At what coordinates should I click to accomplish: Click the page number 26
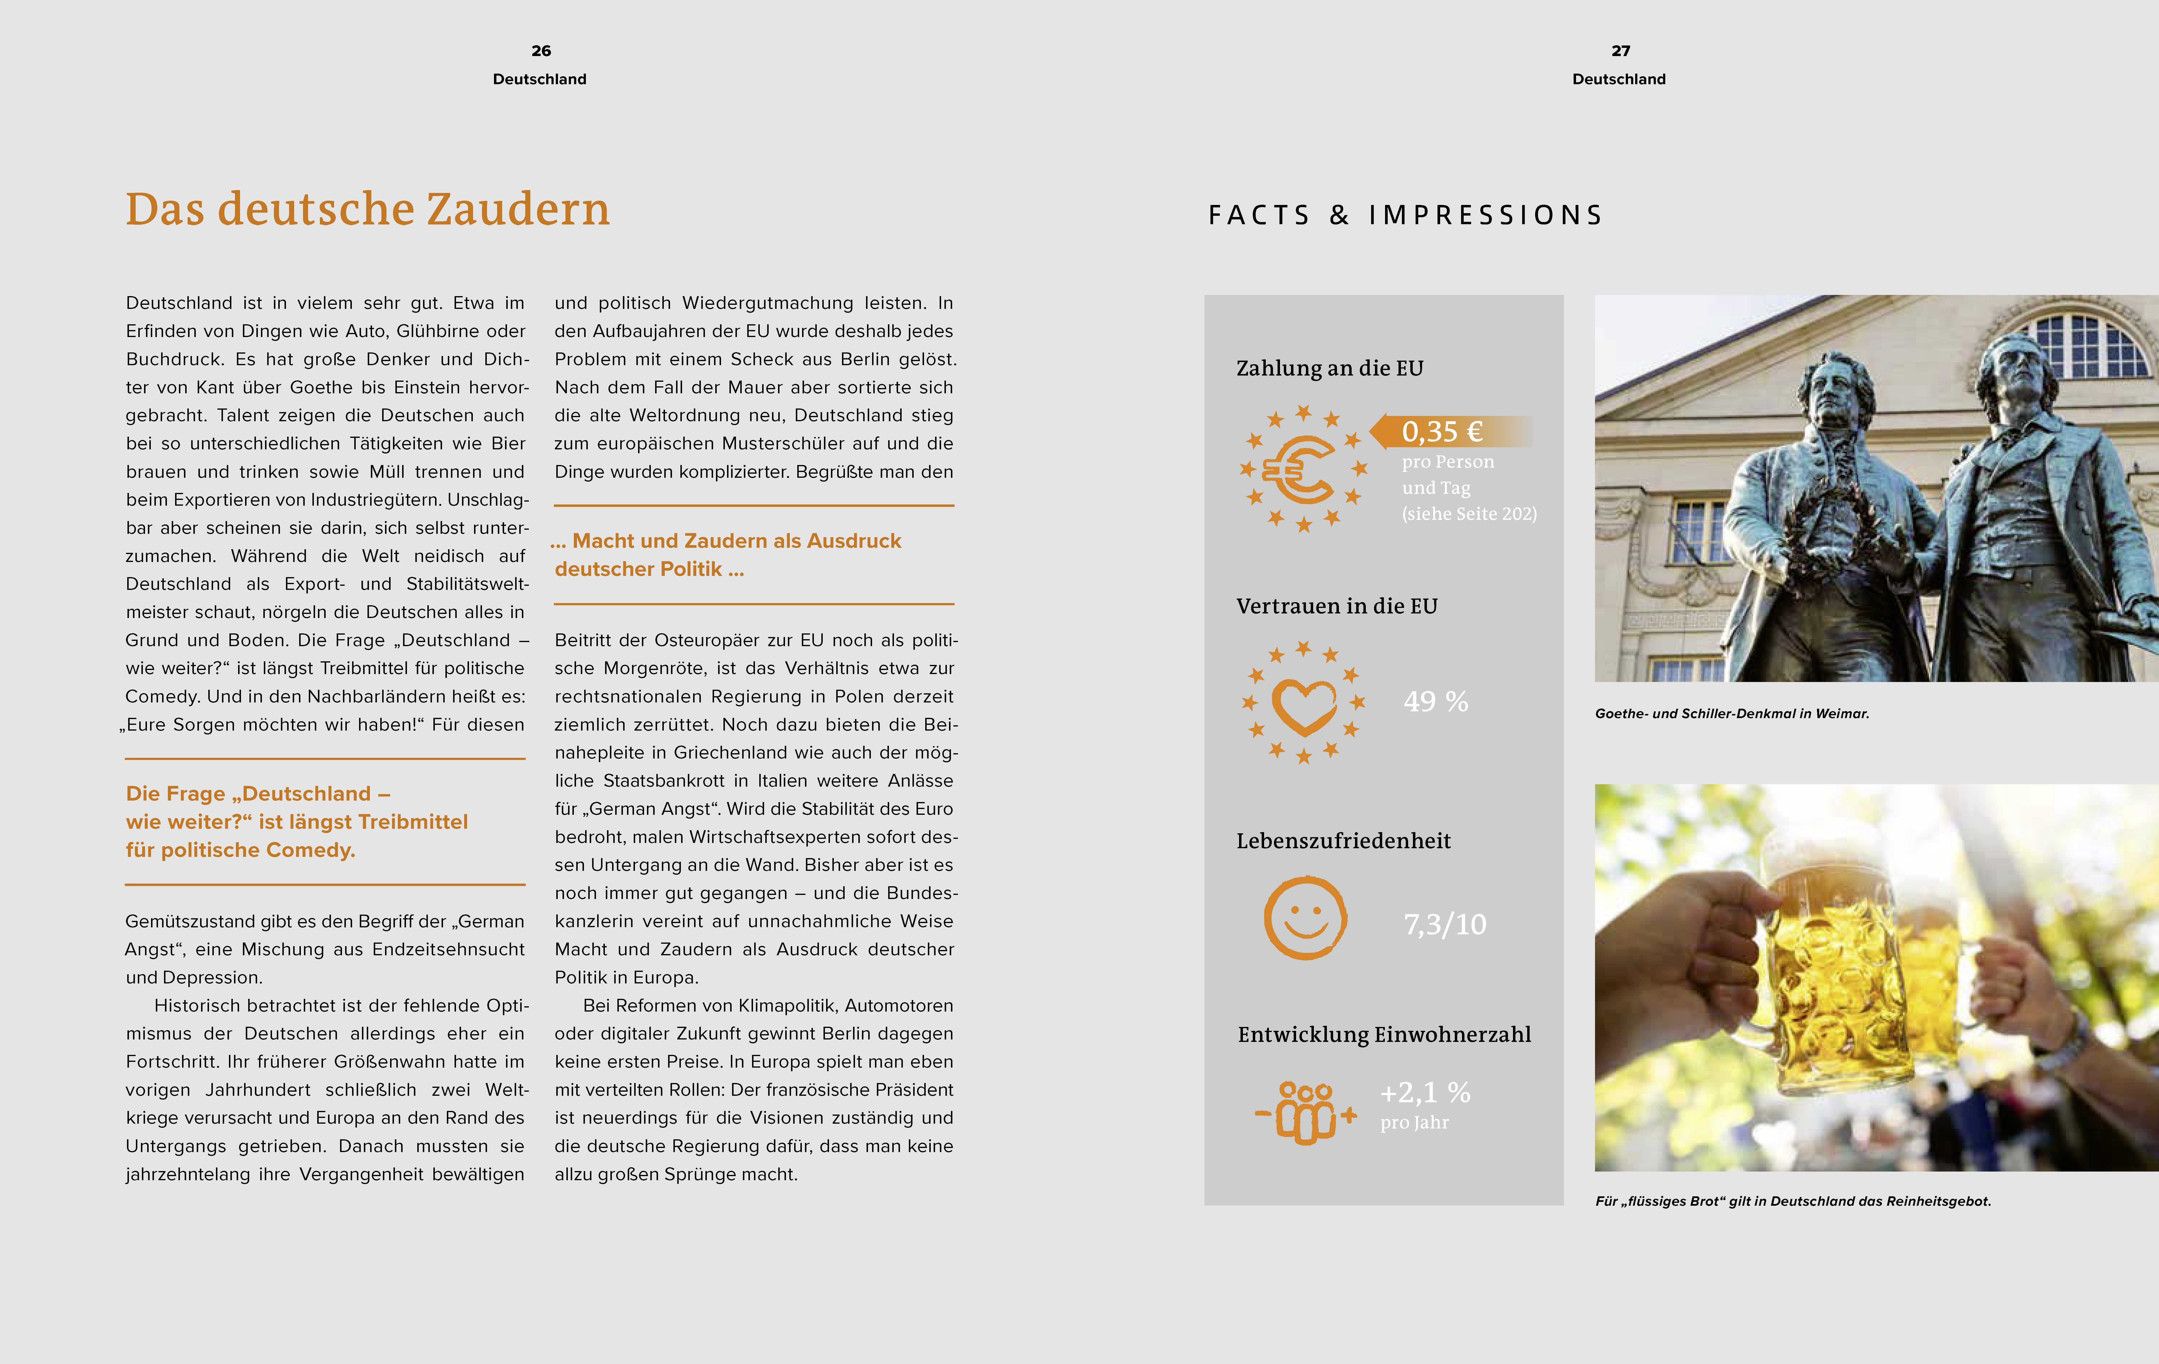[x=541, y=51]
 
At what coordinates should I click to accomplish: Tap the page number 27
[x=1620, y=51]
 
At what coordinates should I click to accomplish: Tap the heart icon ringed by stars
[x=1304, y=703]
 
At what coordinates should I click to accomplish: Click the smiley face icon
[x=1305, y=918]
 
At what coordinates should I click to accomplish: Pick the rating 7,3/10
[x=1444, y=924]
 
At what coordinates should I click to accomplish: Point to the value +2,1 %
[x=1425, y=1092]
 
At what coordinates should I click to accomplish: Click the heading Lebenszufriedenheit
[x=1343, y=841]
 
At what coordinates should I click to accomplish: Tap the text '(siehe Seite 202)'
[x=1469, y=514]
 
